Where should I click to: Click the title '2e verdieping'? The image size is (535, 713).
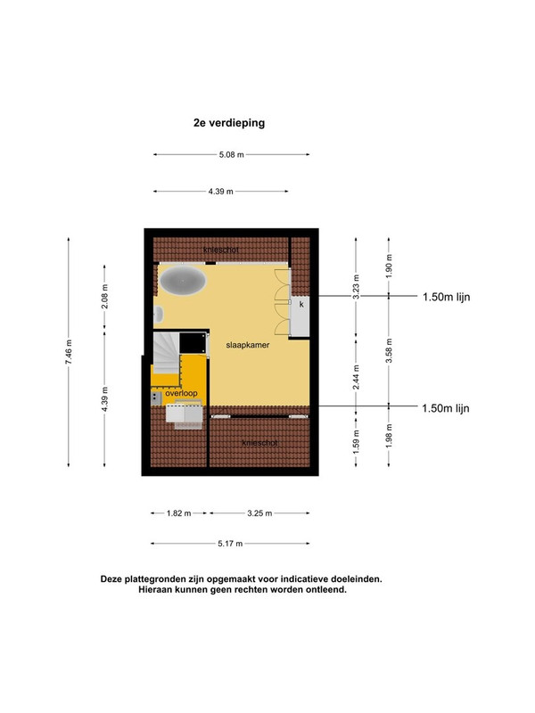click(229, 123)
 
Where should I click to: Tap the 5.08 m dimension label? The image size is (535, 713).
click(232, 154)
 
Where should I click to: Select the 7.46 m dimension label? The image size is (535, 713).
click(69, 352)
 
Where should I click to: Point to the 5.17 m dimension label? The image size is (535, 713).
click(230, 544)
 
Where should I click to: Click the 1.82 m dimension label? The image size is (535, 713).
click(179, 513)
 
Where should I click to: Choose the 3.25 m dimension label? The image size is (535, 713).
click(259, 513)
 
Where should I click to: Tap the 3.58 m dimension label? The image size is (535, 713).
click(389, 350)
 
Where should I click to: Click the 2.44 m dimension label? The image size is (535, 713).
click(356, 377)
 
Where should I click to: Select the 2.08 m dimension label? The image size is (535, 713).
click(104, 296)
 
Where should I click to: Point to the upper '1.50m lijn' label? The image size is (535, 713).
click(447, 297)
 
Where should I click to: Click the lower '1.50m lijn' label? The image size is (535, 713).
click(445, 408)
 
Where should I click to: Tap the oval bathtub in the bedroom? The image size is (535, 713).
click(183, 281)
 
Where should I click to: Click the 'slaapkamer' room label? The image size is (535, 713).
click(248, 345)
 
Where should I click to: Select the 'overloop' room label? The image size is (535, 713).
click(181, 393)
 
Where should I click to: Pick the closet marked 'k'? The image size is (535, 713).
click(300, 316)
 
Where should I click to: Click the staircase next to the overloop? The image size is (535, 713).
click(166, 353)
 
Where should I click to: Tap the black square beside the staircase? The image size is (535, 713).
click(193, 343)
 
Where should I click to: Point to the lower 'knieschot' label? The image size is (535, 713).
click(259, 443)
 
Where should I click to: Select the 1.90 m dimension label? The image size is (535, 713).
click(389, 266)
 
